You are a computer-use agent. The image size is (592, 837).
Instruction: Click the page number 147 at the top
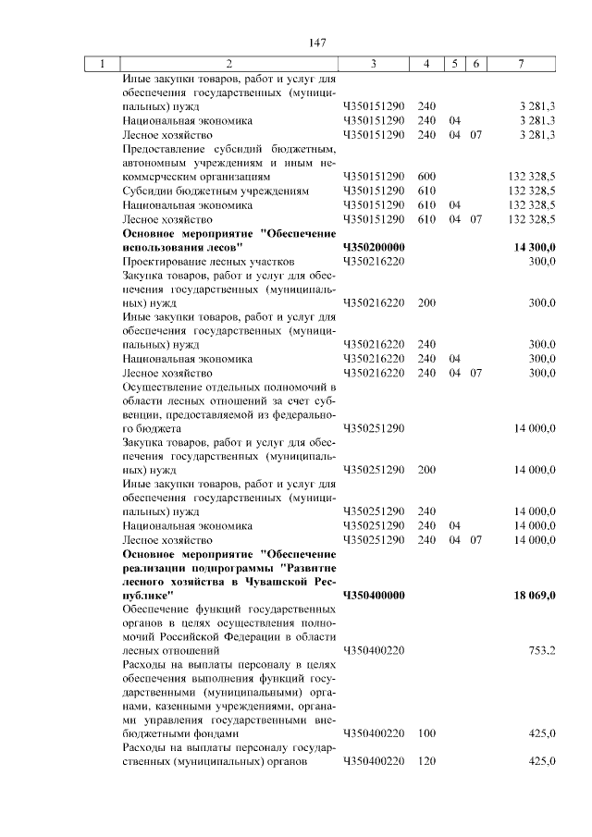(319, 43)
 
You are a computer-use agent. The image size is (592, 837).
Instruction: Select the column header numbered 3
(373, 64)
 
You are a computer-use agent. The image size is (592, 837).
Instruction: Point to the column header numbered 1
(102, 64)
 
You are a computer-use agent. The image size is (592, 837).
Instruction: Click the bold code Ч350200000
(374, 248)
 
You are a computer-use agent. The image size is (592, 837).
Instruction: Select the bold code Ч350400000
(374, 596)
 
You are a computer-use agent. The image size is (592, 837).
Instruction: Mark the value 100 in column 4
(426, 733)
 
